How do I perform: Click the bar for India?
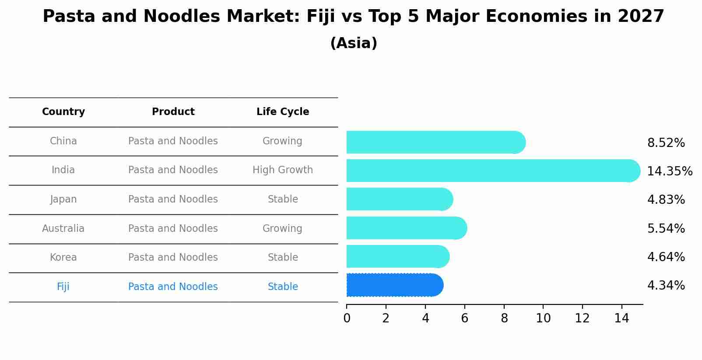(x=492, y=171)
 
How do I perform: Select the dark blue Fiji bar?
(x=394, y=285)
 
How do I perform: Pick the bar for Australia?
(x=406, y=228)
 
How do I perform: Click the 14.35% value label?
(x=669, y=171)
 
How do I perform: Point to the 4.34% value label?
(x=666, y=286)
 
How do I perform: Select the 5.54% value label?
(x=666, y=228)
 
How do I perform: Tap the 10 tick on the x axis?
(x=543, y=318)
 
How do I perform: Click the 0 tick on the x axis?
(x=347, y=318)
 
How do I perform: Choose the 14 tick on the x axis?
(x=621, y=318)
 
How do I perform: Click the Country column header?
(x=63, y=112)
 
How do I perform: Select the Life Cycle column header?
(x=283, y=112)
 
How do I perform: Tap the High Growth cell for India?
(x=283, y=170)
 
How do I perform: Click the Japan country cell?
(x=63, y=199)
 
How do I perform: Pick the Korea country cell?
(x=63, y=257)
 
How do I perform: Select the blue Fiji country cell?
(x=63, y=287)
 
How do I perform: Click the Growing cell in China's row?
(x=282, y=141)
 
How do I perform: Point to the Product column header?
(x=173, y=112)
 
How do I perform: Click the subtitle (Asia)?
(x=354, y=43)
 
